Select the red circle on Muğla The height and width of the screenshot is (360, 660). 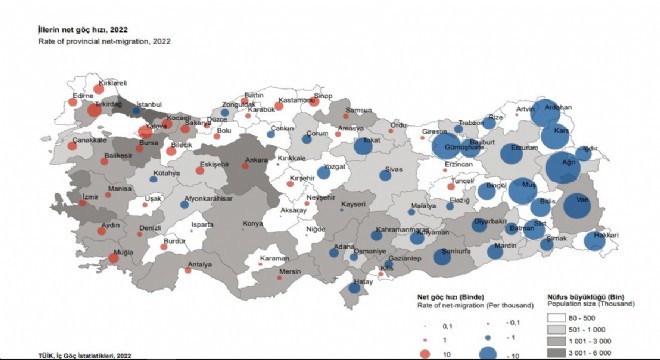click(117, 258)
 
